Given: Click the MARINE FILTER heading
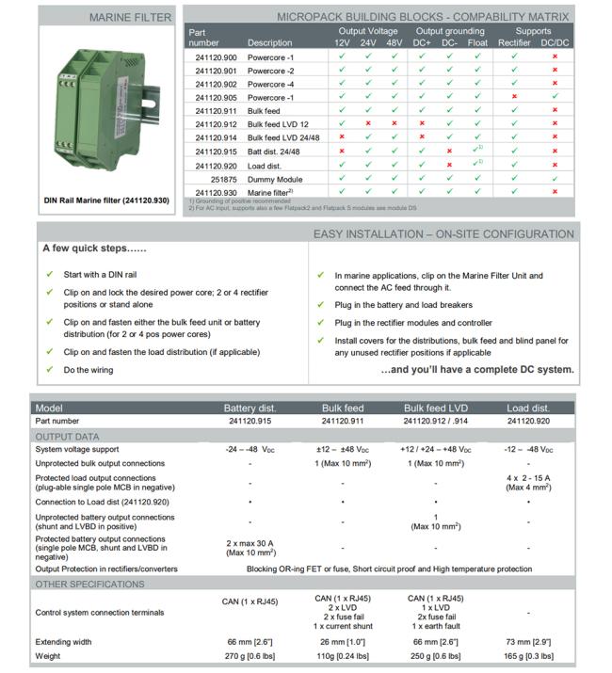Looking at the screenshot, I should click(130, 17).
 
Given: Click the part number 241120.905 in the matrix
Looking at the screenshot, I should click(217, 97).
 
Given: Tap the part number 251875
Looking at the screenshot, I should click(223, 178).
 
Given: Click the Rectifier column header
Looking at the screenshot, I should click(514, 43).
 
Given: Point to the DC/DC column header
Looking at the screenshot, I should click(555, 43).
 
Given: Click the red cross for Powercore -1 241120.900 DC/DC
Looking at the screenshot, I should click(556, 56).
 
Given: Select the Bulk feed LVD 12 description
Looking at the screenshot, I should click(278, 124).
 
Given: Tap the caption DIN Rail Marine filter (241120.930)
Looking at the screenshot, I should click(106, 200).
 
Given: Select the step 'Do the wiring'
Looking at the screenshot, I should click(89, 370).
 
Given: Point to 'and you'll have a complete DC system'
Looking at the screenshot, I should click(477, 369).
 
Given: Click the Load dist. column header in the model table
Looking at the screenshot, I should click(528, 409).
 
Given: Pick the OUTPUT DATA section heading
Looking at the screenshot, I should click(67, 436).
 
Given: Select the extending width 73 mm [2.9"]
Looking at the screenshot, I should click(528, 642).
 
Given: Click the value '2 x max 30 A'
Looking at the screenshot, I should click(250, 543).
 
